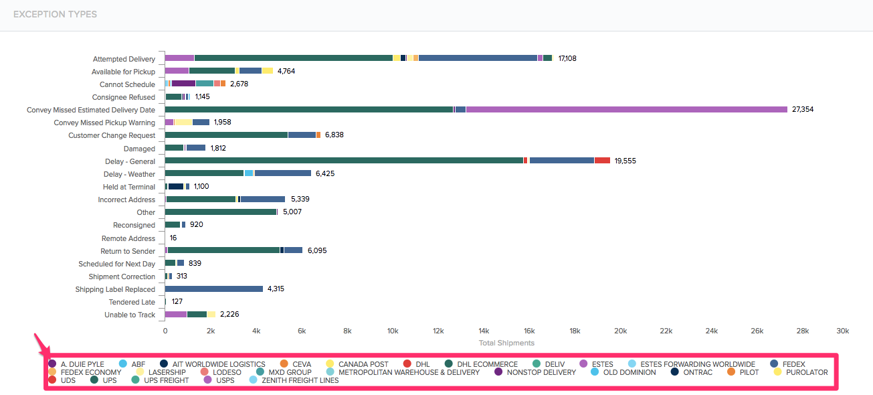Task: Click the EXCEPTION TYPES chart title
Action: [x=55, y=15]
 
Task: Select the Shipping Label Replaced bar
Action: [x=214, y=289]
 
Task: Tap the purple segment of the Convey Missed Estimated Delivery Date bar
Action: [x=627, y=110]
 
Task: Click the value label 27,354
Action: [x=803, y=110]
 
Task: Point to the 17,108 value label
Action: [x=567, y=58]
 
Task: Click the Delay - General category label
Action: [x=130, y=161]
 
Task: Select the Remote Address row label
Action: [x=128, y=238]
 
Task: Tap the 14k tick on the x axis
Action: [x=484, y=331]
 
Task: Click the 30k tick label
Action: [x=843, y=331]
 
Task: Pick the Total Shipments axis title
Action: [x=506, y=343]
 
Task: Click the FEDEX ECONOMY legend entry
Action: [x=86, y=372]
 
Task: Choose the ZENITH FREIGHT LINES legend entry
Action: [x=294, y=380]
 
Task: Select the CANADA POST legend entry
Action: [x=357, y=364]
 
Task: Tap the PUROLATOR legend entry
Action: [x=801, y=372]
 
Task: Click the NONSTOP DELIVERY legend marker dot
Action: [x=498, y=372]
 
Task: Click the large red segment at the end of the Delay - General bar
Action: [x=603, y=161]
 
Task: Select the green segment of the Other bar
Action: [x=221, y=212]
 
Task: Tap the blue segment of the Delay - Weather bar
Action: [x=283, y=173]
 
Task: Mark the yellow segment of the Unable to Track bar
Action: [x=211, y=314]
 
